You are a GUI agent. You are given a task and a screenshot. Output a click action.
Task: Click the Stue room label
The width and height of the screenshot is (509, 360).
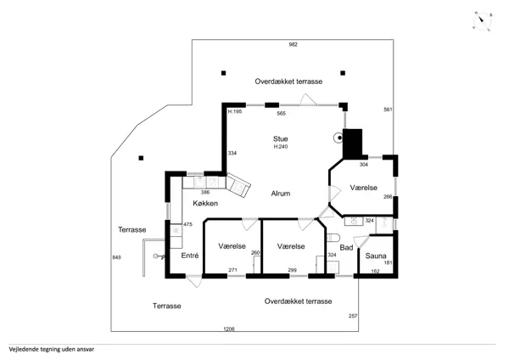pos(281,139)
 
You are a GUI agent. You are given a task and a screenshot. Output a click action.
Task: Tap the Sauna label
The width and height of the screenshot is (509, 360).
pos(376,256)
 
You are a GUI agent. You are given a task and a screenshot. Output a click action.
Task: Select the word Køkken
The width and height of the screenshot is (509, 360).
pos(205,204)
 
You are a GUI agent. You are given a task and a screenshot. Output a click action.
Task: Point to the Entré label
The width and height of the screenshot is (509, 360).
pos(190,256)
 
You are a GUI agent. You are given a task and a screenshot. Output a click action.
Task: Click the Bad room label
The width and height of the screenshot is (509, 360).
pos(346,248)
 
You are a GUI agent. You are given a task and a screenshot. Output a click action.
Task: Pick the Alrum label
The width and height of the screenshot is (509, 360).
pos(281,194)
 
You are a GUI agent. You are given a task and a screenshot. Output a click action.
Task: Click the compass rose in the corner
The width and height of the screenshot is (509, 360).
pos(482,21)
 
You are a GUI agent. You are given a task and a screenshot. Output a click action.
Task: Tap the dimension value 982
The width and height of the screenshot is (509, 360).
pos(294,44)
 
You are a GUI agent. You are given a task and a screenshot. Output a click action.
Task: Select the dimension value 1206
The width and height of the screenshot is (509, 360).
pos(229,329)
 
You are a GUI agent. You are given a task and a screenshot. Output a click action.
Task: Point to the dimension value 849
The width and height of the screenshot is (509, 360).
pos(116,257)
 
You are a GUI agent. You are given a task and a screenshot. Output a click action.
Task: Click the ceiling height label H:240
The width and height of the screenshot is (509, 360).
pos(281,147)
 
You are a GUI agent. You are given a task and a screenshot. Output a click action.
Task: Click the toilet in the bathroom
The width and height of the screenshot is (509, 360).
pos(333,238)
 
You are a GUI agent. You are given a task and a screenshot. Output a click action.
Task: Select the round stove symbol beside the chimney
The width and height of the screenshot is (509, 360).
pos(338,138)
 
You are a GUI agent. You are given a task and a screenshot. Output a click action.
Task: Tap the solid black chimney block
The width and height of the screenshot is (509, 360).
pos(353,144)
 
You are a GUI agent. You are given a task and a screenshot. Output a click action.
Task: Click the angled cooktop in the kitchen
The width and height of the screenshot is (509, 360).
pos(238,186)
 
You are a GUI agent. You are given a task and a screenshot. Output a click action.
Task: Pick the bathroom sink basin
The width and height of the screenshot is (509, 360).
pos(354,222)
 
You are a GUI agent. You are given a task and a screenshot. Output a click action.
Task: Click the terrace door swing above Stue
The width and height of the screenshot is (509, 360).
pos(309,99)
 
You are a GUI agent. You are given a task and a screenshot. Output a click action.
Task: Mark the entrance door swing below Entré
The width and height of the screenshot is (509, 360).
pos(194,282)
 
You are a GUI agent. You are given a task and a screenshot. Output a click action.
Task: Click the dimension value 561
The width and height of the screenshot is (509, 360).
pos(388,110)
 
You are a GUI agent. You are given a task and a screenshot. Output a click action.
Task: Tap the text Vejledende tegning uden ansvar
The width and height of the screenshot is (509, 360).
pos(52,350)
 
